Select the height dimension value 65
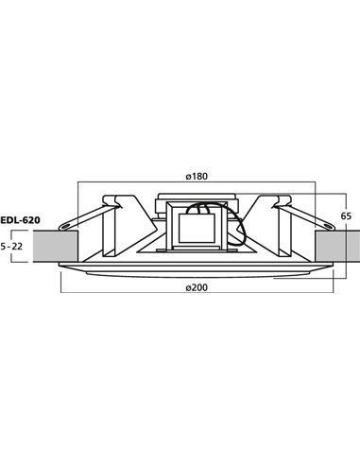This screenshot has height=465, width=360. coord(347,214)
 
